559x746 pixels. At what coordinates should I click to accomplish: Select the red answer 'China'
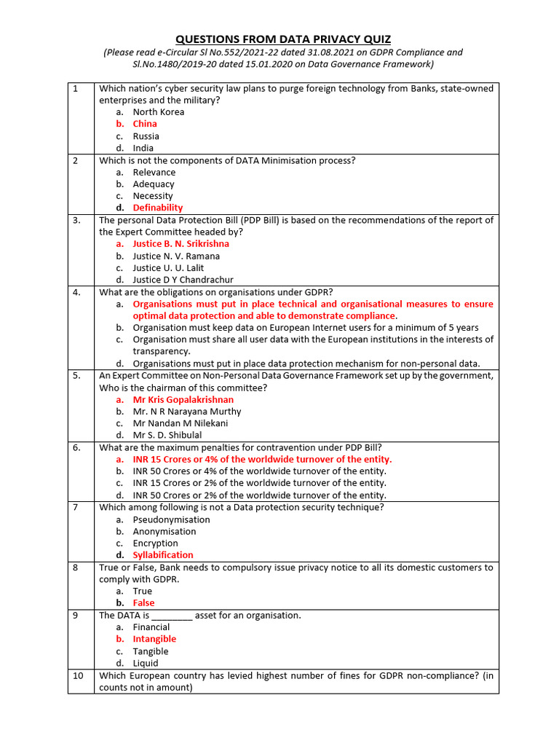tap(145, 124)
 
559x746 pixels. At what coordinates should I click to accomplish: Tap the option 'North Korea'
tap(158, 112)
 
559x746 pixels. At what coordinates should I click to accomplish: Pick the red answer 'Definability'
tap(157, 208)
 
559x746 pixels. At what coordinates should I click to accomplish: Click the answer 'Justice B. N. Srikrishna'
tap(181, 244)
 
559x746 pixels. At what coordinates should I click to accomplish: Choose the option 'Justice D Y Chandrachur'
tap(183, 280)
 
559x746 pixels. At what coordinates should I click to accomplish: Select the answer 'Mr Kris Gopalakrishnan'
tap(183, 400)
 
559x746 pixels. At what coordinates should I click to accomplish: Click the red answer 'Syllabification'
tap(163, 555)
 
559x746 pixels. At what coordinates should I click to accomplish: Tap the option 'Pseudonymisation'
tap(171, 519)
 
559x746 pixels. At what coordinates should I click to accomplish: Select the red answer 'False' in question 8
tap(143, 603)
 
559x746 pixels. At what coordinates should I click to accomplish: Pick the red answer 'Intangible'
tap(154, 639)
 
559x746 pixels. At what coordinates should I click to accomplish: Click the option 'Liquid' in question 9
tap(145, 663)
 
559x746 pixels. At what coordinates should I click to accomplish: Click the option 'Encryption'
tap(155, 543)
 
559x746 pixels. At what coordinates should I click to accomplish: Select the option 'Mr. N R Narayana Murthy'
tap(186, 412)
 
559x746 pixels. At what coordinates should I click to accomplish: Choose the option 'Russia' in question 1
tap(146, 136)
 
